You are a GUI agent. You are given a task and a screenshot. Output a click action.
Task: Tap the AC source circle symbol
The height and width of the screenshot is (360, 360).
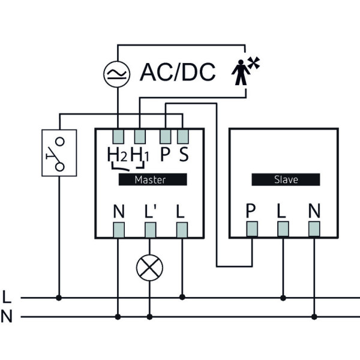pyautogui.click(x=117, y=73)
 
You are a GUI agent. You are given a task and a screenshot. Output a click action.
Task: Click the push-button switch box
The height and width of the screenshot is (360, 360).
pyautogui.click(x=59, y=152)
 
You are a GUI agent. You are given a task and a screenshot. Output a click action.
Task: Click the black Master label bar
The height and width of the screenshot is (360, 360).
pyautogui.click(x=152, y=179)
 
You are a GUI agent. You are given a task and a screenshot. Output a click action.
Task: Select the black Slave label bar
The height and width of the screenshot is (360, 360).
pyautogui.click(x=286, y=179)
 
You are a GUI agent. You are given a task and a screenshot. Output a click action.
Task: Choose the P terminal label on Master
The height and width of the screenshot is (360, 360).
pyautogui.click(x=166, y=154)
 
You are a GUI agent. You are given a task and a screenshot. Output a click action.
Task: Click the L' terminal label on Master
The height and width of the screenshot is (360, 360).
pyautogui.click(x=151, y=212)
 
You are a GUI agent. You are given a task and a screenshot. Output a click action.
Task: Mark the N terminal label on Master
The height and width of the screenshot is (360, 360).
pyautogui.click(x=119, y=212)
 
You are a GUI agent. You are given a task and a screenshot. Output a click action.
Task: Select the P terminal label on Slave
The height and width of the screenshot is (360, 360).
pyautogui.click(x=251, y=212)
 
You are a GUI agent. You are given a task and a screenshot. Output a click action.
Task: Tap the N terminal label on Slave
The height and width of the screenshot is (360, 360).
pyautogui.click(x=313, y=212)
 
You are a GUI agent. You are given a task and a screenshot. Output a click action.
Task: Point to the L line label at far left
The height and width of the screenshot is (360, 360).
pyautogui.click(x=7, y=296)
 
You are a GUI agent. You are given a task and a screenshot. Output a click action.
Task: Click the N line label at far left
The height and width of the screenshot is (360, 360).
pyautogui.click(x=7, y=316)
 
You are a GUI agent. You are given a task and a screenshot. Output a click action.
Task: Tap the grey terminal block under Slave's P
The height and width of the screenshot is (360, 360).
pyautogui.click(x=252, y=229)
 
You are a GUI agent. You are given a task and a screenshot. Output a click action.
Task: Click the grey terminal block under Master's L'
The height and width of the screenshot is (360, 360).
pyautogui.click(x=149, y=229)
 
